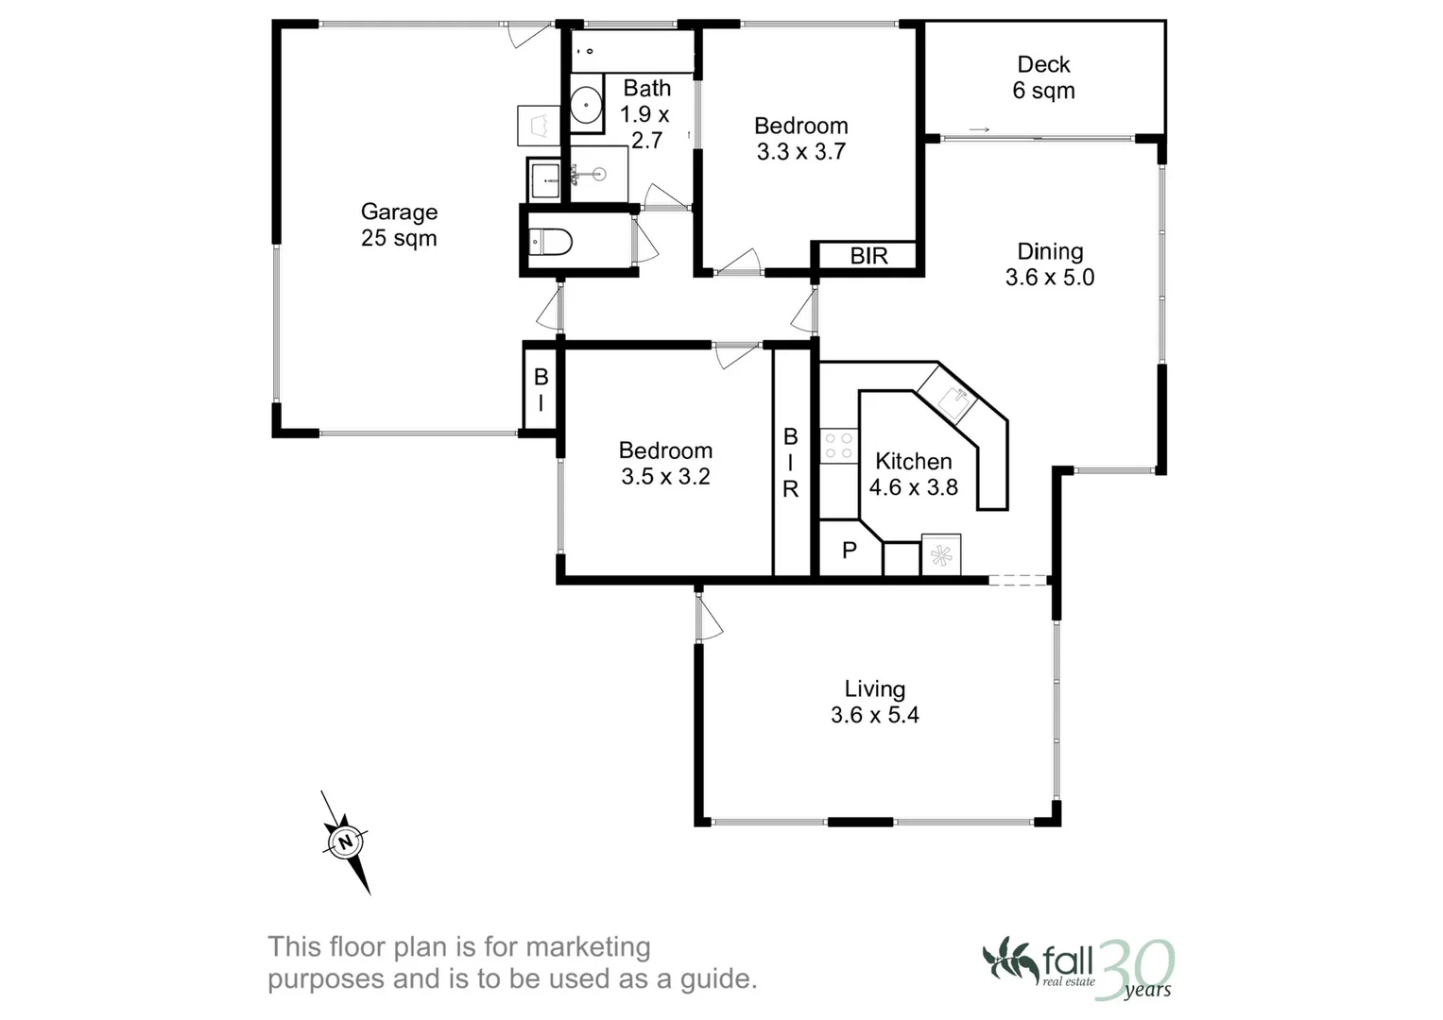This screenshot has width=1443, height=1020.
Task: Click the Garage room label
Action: [x=399, y=225]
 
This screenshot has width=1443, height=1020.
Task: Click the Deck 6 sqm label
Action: [x=1043, y=77]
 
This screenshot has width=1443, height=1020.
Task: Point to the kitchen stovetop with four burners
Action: [x=838, y=446]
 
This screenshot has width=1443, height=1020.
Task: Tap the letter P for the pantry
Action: [x=849, y=551]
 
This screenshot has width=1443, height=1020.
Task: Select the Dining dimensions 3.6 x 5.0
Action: [x=1049, y=278]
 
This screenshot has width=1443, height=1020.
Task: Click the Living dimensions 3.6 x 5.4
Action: [x=874, y=716]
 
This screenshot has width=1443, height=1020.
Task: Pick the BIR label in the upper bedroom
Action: [x=868, y=256]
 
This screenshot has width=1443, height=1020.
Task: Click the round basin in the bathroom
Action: [x=586, y=104]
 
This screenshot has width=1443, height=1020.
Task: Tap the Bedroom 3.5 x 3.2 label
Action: [x=665, y=464]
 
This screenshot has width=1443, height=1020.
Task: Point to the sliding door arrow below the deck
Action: [x=979, y=129]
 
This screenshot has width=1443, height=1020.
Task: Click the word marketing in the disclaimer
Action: [x=588, y=946]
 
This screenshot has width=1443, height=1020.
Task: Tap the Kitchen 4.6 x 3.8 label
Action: [x=913, y=474]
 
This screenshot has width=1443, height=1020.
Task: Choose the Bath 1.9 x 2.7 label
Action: [x=646, y=114]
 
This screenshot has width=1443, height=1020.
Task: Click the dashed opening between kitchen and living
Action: [x=1018, y=580]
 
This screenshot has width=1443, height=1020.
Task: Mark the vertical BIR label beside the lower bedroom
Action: [x=791, y=463]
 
